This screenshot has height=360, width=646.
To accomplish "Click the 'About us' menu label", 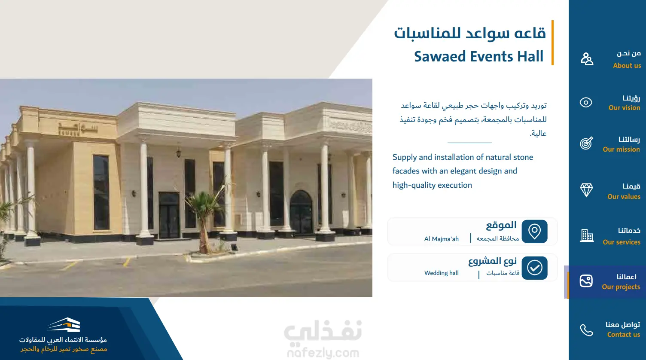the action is (627, 66).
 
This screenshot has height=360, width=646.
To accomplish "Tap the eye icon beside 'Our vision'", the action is (586, 102).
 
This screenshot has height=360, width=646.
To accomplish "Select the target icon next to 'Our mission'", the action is (587, 143).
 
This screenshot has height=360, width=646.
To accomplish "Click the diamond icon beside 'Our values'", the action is (586, 190).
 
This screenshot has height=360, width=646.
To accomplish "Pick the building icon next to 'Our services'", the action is (587, 235).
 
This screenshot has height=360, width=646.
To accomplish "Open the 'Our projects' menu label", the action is (621, 287).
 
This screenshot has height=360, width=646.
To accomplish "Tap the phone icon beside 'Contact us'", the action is (587, 330).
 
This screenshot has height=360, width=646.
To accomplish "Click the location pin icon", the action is (534, 232).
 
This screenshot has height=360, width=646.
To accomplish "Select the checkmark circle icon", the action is (534, 268).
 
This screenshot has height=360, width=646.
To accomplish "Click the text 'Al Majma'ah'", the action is (441, 239).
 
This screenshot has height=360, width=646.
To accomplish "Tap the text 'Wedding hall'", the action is (441, 273).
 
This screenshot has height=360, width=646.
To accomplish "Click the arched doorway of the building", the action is (301, 212).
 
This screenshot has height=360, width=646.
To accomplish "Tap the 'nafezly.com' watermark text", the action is (323, 353).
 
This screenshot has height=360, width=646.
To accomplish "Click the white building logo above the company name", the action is (64, 325).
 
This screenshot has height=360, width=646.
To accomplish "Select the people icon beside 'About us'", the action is (587, 59).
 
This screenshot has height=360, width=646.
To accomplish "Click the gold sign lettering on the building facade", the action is (78, 128).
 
